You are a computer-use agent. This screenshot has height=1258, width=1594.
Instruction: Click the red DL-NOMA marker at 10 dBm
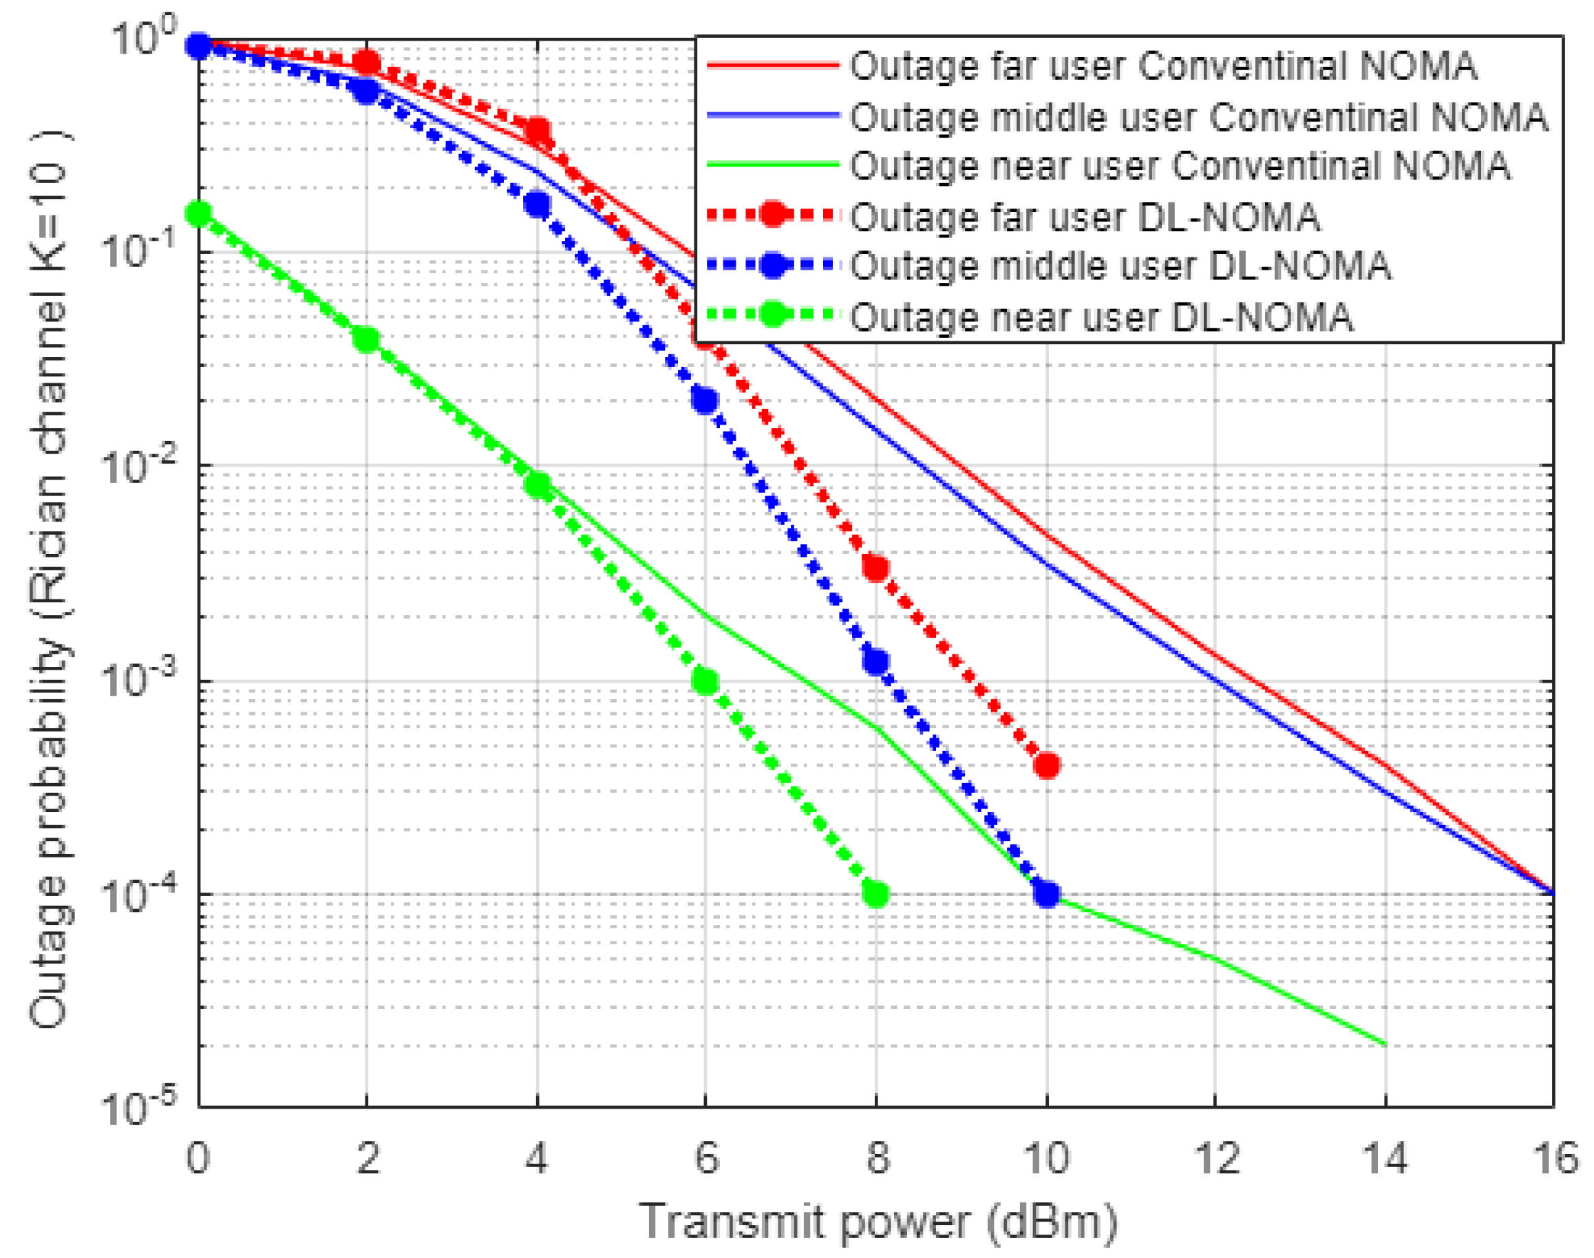click(x=1046, y=765)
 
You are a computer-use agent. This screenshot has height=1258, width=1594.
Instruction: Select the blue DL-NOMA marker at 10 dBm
click(x=1046, y=894)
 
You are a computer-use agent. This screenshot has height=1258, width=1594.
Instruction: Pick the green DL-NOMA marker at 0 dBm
click(x=198, y=214)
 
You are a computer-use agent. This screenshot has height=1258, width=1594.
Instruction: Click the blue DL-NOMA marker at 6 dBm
click(x=705, y=400)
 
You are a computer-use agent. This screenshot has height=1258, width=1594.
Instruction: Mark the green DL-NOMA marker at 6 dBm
click(x=705, y=682)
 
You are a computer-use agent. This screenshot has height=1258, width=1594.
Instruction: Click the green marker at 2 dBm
click(x=366, y=339)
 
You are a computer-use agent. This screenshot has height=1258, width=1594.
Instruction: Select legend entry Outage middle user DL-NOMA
click(x=1120, y=266)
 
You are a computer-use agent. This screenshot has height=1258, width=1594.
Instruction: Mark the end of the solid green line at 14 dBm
click(x=1385, y=1045)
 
